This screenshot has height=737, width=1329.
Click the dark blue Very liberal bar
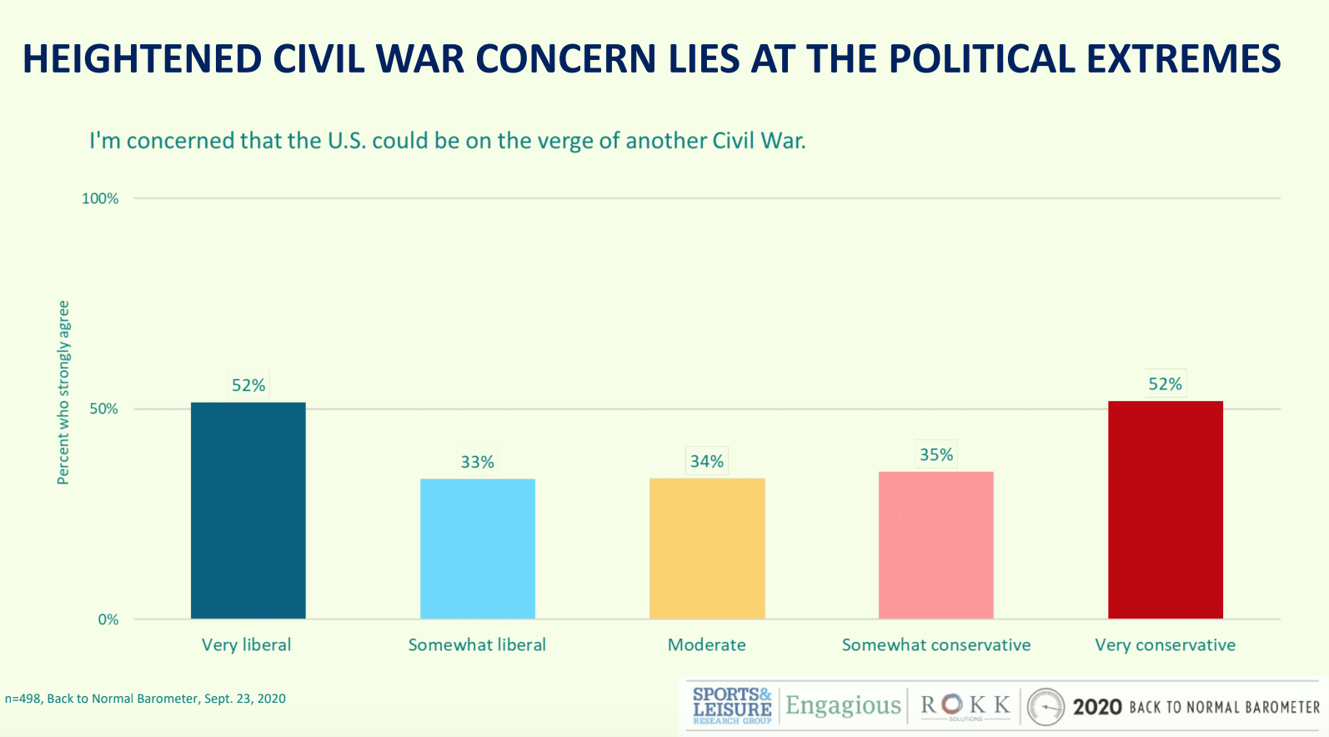248,510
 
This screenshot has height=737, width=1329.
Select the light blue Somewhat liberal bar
478,549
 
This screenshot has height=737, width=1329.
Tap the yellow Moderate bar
707,548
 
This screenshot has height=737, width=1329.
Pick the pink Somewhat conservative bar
935,544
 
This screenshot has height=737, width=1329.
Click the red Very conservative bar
1165,509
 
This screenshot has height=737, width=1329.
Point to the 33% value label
478,462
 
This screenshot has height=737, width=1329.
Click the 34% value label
707,461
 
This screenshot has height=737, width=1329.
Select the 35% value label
935,454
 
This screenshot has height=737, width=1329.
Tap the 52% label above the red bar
1165,384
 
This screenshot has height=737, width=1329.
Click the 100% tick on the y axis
100,198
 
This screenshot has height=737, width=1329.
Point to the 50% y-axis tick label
103,409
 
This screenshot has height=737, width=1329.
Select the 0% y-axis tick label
108,619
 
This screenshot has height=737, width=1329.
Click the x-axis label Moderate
707,644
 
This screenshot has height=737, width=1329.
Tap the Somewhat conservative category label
935,644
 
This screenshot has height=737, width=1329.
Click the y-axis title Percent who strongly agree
63,392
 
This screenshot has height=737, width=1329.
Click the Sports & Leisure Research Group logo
732,705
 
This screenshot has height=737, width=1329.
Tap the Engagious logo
843,706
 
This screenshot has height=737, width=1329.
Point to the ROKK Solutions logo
965,706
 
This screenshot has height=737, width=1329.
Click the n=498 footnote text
145,699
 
